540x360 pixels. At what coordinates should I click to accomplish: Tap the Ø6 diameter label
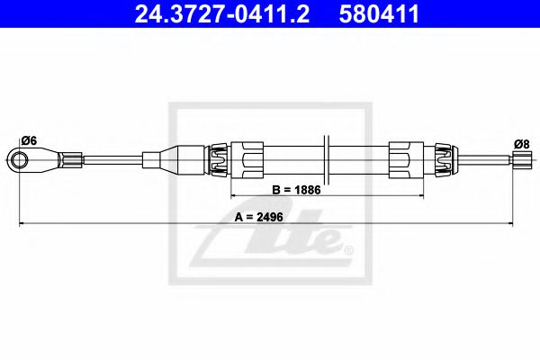pyautogui.click(x=28, y=140)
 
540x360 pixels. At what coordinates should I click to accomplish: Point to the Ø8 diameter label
pyautogui.click(x=519, y=143)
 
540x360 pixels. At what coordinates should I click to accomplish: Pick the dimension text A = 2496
pyautogui.click(x=260, y=217)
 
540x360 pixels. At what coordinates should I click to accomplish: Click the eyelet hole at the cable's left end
pyautogui.click(x=19, y=161)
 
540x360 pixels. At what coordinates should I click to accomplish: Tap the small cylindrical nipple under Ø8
pyautogui.click(x=519, y=161)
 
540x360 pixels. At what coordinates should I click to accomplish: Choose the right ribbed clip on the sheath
pyautogui.click(x=441, y=160)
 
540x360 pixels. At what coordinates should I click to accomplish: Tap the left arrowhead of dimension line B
pyautogui.click(x=235, y=195)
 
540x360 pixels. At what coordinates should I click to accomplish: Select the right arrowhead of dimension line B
pyautogui.click(x=420, y=195)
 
